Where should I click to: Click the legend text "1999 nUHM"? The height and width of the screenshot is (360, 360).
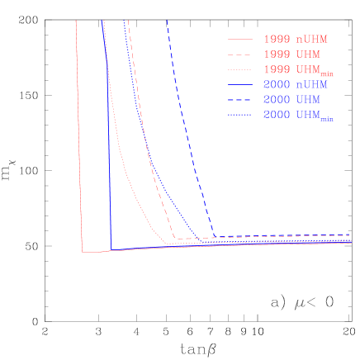click(293, 39)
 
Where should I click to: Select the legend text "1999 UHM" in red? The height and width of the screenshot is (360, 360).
click(290, 54)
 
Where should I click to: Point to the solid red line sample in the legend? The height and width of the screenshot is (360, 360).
click(240, 39)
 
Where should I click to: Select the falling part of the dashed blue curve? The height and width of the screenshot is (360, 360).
click(186, 124)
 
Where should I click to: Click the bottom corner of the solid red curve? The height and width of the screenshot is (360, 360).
click(82, 252)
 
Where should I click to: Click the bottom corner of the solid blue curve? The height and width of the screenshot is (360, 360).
click(111, 249)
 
